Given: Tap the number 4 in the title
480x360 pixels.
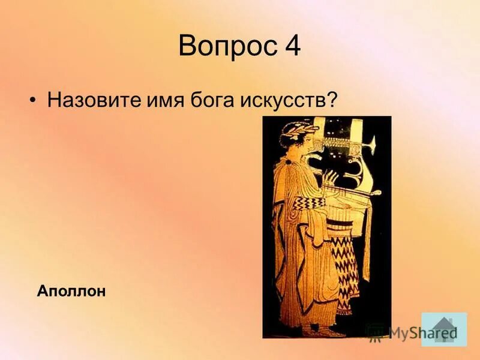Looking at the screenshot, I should point(290,47).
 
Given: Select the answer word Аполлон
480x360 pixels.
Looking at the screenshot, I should point(71,292).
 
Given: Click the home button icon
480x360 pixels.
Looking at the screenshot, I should point(444,329).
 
